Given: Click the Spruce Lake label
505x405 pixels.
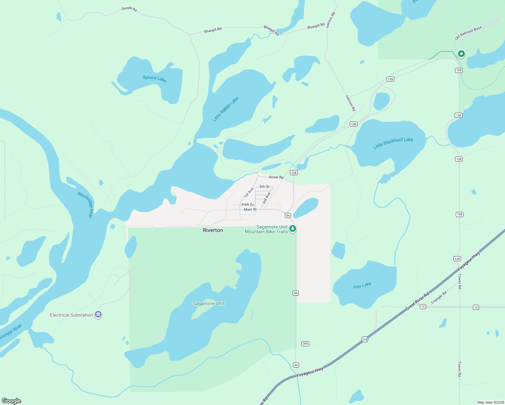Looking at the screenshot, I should (155, 78).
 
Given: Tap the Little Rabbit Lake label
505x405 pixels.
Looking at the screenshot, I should (225, 109).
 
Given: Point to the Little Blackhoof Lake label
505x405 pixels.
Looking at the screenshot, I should (393, 143).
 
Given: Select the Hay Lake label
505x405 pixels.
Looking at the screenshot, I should (362, 286).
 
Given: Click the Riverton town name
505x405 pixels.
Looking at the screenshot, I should (213, 230).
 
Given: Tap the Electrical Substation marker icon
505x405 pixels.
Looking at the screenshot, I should (98, 315).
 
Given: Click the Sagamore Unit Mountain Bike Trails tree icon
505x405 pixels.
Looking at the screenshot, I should (293, 229).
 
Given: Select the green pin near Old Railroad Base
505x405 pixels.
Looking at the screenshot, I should (461, 54).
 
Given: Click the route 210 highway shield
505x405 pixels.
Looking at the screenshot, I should (365, 340).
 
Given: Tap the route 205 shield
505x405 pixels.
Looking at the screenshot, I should (305, 344).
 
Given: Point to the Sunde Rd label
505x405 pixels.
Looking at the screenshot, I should (129, 9).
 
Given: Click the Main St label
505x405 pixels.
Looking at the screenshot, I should (250, 210).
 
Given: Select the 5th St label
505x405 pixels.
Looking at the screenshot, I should (264, 187).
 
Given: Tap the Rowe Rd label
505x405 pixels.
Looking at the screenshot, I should (276, 177).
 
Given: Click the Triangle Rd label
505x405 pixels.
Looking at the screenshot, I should (438, 297).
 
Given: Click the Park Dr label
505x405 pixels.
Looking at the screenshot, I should (247, 205).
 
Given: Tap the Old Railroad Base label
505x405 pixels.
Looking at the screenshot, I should (468, 33).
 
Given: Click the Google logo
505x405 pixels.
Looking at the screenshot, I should (11, 401).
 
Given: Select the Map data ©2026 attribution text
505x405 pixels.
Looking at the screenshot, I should (490, 402).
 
